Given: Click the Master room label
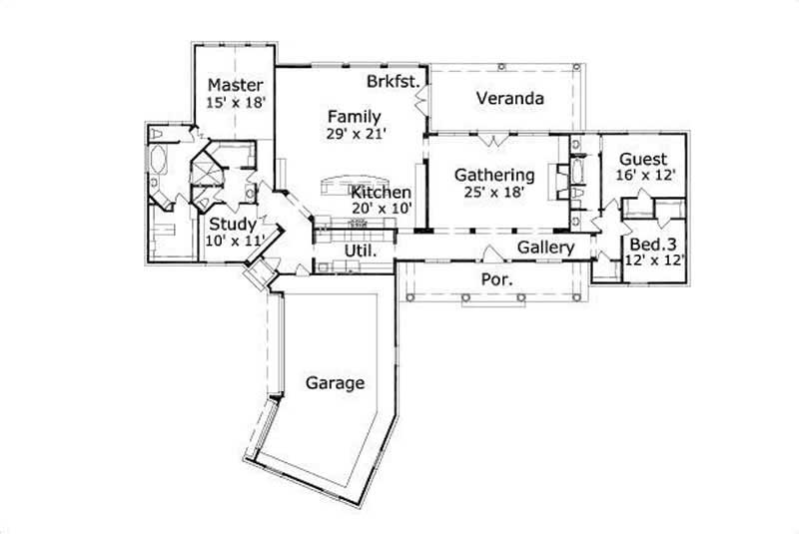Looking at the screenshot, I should pyautogui.click(x=235, y=85).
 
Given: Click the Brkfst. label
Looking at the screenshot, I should pyautogui.click(x=392, y=81).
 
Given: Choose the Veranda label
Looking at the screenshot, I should pyautogui.click(x=509, y=99).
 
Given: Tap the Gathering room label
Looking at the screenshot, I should pyautogui.click(x=494, y=176).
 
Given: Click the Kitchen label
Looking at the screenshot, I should pyautogui.click(x=381, y=192).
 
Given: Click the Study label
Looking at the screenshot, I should pyautogui.click(x=232, y=225).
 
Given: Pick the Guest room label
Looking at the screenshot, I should pyautogui.click(x=644, y=159).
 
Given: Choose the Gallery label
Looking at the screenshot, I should pyautogui.click(x=545, y=248).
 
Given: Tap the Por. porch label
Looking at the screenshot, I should pyautogui.click(x=497, y=280).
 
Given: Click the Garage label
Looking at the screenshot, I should pyautogui.click(x=335, y=382).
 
